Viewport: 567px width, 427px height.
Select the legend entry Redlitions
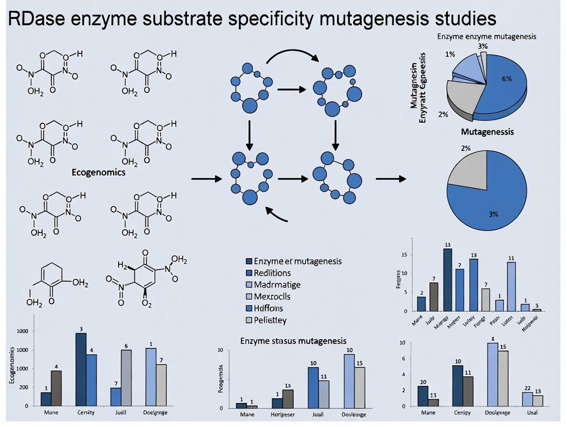tap(272, 273)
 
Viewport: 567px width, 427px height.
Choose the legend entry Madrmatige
tap(277, 285)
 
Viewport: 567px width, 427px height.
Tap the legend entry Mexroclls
tap(272, 297)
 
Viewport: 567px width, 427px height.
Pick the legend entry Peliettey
tap(270, 320)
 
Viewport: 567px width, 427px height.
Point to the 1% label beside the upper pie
tap(450, 54)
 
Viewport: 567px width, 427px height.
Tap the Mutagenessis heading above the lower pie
tap(487, 132)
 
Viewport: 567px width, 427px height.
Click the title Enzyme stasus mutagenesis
tap(293, 341)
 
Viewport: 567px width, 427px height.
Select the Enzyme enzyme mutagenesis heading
tap(486, 36)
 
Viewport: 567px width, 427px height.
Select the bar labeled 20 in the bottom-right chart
tap(422, 396)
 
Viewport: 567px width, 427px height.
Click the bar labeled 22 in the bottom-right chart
tap(527, 399)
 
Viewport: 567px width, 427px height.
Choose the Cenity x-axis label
tap(86, 413)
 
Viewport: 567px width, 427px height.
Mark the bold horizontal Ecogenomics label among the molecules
tap(98, 173)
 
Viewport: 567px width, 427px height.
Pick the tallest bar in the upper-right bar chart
tap(448, 280)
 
